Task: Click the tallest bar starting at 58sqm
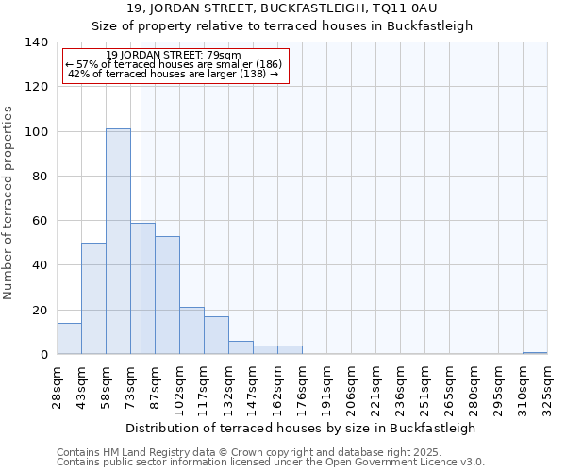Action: pos(118,241)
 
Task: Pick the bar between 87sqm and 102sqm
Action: pos(167,295)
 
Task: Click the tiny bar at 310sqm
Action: pos(535,353)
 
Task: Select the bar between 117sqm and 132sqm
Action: pos(216,335)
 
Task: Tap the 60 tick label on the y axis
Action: pos(40,221)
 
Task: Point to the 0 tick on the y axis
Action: pos(43,355)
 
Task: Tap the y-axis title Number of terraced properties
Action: pos(9,203)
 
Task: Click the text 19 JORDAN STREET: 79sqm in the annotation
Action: pos(174,55)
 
